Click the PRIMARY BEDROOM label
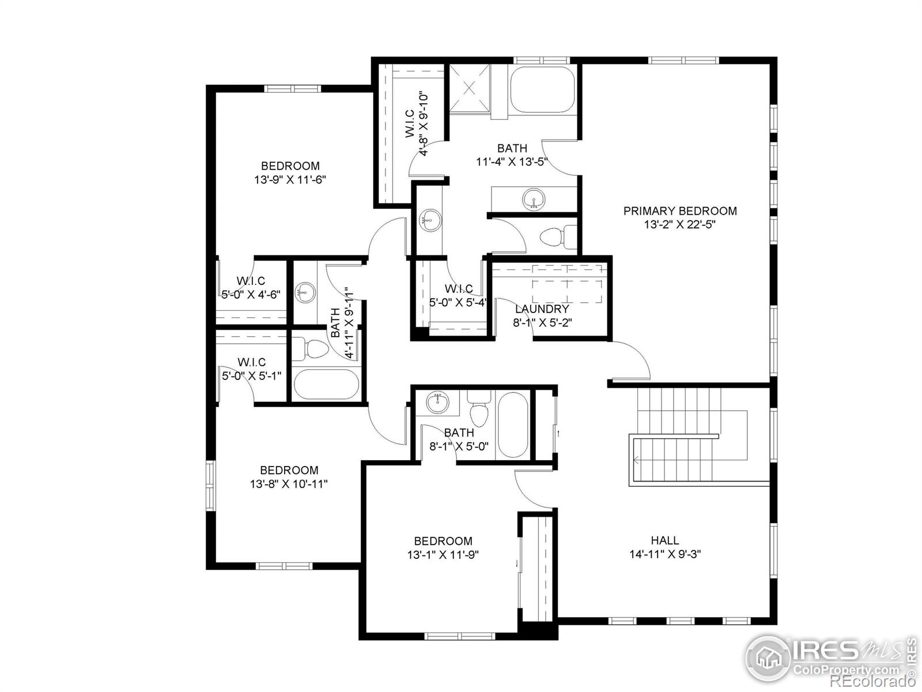(679, 211)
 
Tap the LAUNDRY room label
(542, 309)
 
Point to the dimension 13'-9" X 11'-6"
(290, 180)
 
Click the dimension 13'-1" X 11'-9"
(443, 555)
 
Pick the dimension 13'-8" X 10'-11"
(289, 484)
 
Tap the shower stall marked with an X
(469, 89)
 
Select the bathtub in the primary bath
(542, 89)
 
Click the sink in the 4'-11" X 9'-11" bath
(304, 292)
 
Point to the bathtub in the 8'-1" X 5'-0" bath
(512, 425)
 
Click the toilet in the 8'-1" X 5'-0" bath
(478, 408)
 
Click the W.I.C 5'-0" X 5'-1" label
(251, 368)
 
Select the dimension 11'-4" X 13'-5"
(512, 162)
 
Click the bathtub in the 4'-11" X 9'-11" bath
(326, 384)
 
